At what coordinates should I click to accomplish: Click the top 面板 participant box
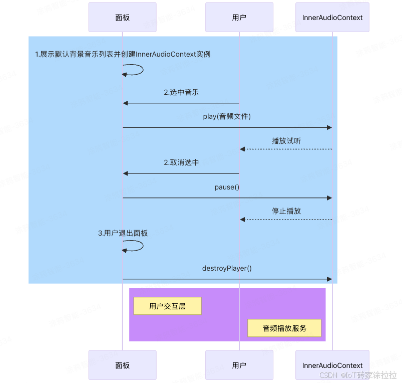tap(122, 18)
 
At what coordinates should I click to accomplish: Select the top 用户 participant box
tap(239, 18)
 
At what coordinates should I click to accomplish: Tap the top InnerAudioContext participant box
tap(332, 18)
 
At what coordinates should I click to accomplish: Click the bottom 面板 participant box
tap(122, 365)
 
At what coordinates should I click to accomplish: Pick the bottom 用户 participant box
tap(239, 365)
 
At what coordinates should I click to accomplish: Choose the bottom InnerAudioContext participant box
tap(332, 365)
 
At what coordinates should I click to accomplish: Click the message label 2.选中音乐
tap(181, 92)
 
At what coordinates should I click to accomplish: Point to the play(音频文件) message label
tap(227, 117)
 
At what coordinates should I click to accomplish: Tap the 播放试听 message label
tap(286, 141)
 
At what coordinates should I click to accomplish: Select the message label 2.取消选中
tap(181, 162)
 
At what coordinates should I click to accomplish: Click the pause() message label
tap(227, 187)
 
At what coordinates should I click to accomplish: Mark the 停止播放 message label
tap(286, 211)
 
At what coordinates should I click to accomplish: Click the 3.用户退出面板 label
tap(123, 233)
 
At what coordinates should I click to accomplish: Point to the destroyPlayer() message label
tap(227, 268)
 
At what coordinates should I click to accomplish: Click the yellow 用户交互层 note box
tap(167, 306)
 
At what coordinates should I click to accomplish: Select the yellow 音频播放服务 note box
tap(284, 328)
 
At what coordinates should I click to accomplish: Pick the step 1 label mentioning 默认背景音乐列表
tap(123, 54)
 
